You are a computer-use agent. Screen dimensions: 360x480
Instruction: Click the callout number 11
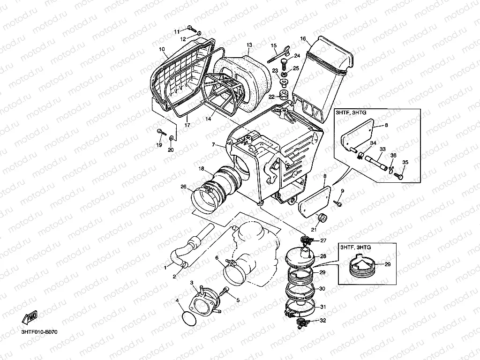click(177, 31)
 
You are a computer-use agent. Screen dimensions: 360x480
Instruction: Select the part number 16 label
click(303, 38)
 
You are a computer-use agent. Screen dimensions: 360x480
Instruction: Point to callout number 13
click(249, 45)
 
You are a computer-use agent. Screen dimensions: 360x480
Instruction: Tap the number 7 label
click(214, 145)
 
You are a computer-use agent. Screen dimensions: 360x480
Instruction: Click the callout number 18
click(201, 168)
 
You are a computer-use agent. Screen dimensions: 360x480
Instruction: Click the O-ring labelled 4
click(189, 318)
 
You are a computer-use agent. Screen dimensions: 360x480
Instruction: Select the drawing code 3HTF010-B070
click(39, 332)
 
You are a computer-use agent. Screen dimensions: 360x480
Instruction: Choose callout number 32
click(322, 321)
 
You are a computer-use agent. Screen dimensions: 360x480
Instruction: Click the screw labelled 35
click(399, 176)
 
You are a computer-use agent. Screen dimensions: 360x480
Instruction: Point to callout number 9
click(342, 191)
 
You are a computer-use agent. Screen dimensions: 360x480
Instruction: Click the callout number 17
click(187, 125)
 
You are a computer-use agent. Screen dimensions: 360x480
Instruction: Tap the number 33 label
click(382, 150)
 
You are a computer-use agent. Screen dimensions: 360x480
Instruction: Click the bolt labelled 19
click(161, 132)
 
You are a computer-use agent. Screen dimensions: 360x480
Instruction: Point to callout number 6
click(217, 258)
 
